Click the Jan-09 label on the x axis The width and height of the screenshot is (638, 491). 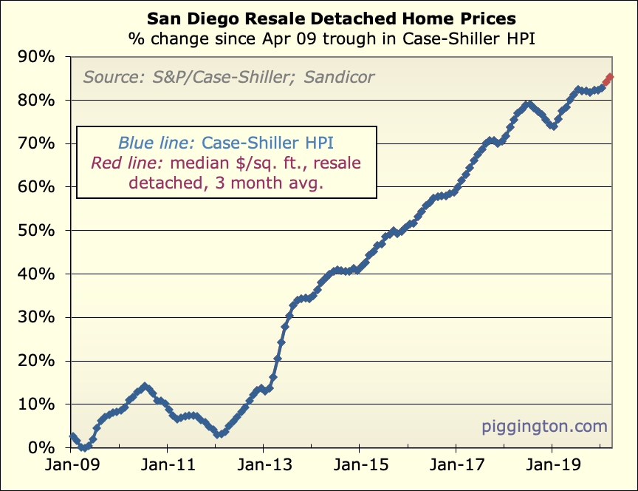pos(72,469)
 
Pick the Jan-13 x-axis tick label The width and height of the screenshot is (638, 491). pos(263,469)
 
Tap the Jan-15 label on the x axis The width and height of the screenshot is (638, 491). pos(359,469)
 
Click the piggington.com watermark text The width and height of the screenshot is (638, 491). pos(544,427)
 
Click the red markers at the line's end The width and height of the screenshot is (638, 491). pos(608,78)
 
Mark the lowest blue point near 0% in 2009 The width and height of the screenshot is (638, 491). pos(84,447)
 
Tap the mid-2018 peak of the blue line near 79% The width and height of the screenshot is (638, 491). pos(528,104)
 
